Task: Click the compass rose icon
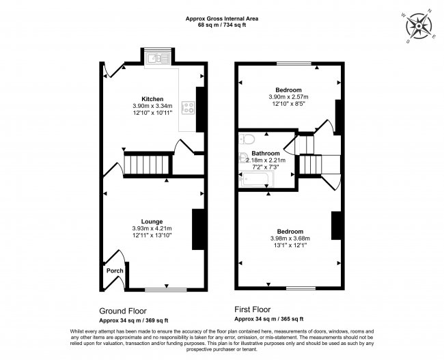click(x=419, y=27)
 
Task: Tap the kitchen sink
click(x=157, y=59)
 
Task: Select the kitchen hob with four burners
click(x=188, y=108)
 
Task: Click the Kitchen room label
click(x=152, y=99)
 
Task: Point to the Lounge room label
click(x=152, y=221)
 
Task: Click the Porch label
click(x=115, y=271)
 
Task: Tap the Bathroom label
click(x=266, y=154)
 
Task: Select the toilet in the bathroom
click(x=247, y=139)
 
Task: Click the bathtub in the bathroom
click(x=256, y=179)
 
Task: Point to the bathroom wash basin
click(x=242, y=158)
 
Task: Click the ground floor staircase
click(x=148, y=165)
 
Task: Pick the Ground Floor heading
click(x=123, y=311)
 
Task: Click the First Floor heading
click(x=252, y=309)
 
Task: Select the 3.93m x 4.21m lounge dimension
click(x=152, y=228)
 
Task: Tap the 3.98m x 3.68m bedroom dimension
click(x=290, y=238)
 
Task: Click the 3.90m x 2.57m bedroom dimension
click(x=288, y=97)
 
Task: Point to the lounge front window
click(x=166, y=290)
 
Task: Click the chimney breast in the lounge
click(x=199, y=230)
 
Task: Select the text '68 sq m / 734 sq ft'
click(x=222, y=25)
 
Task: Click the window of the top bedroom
click(x=294, y=64)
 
